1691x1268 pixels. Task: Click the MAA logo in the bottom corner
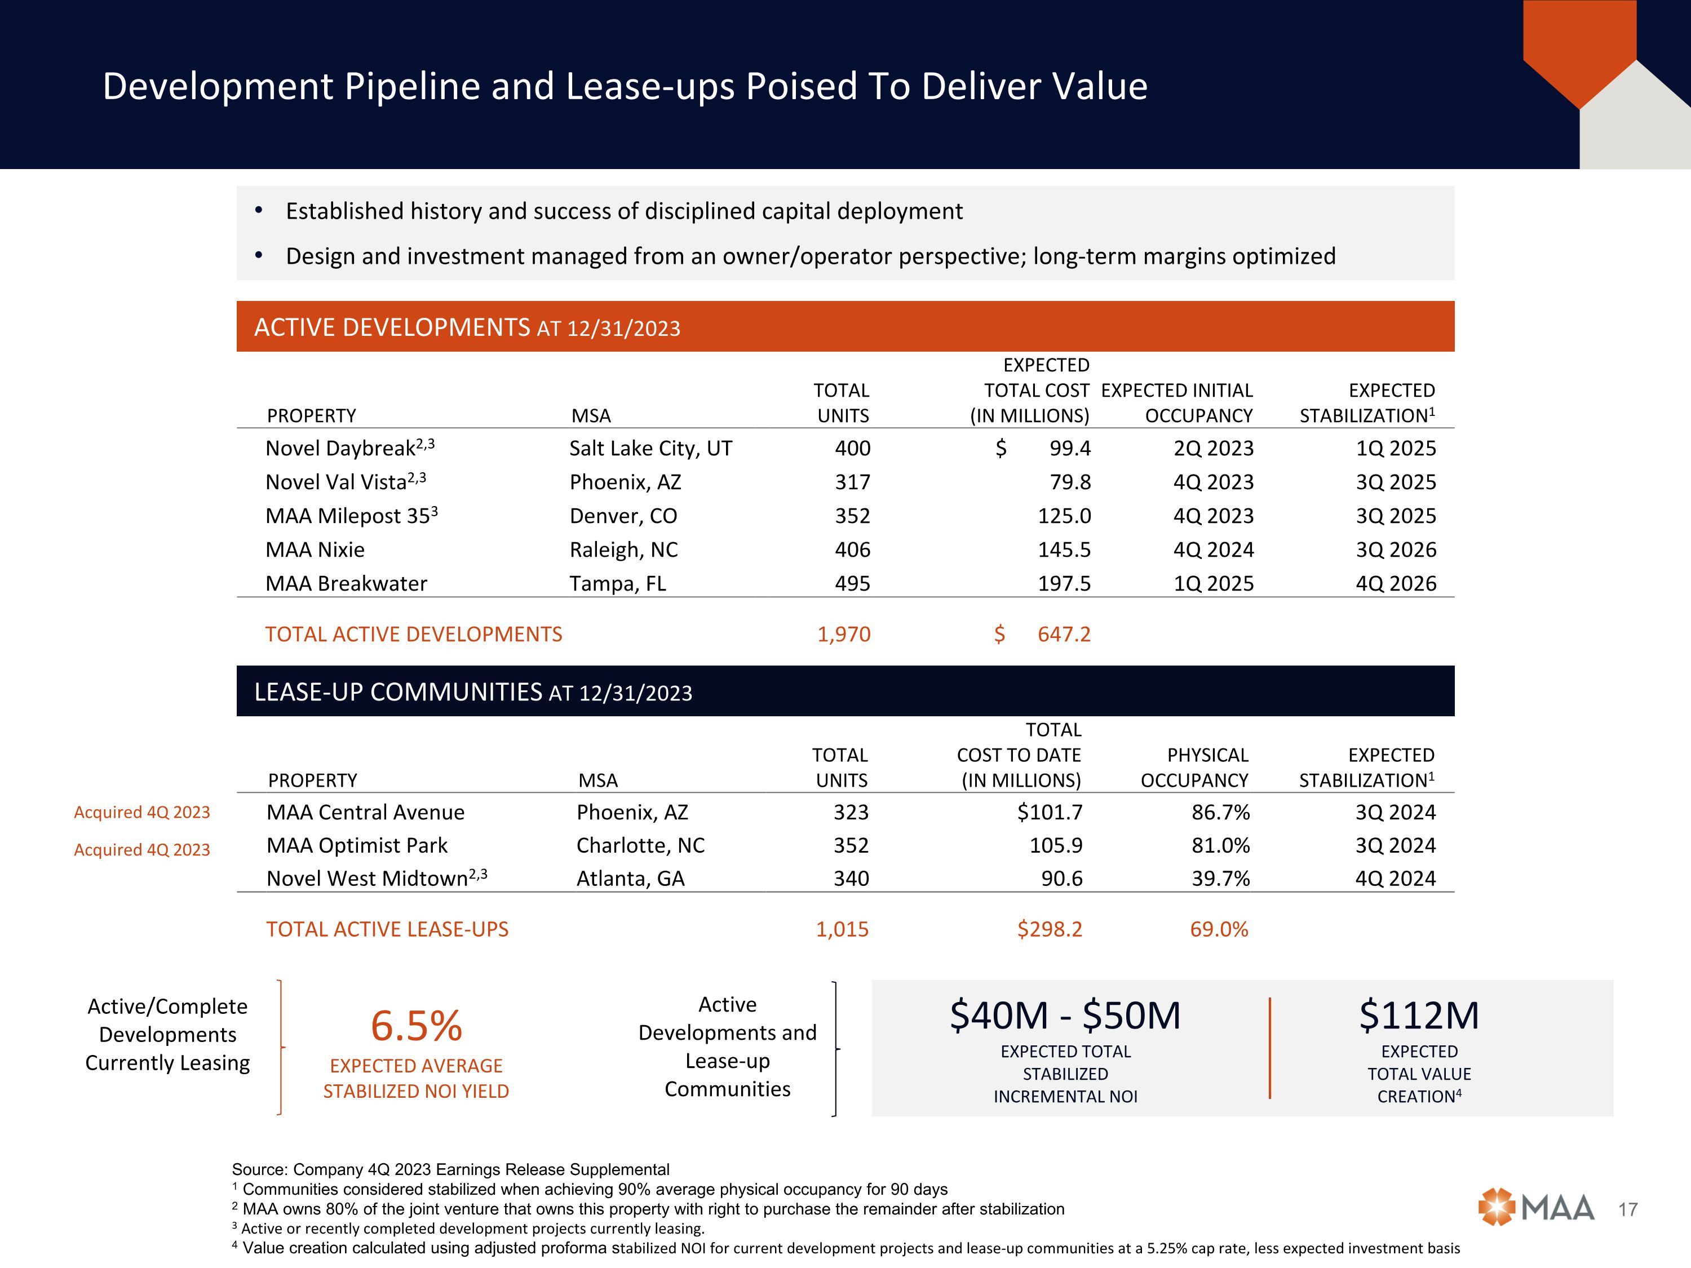click(1536, 1208)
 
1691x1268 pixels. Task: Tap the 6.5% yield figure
click(416, 1026)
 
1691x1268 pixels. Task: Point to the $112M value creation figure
click(1419, 1016)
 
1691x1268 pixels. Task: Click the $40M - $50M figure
click(1065, 1016)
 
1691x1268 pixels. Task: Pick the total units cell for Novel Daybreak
click(852, 449)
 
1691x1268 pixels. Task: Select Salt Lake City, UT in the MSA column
click(650, 449)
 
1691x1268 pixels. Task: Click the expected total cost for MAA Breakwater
click(1064, 584)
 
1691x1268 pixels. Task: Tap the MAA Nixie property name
click(315, 550)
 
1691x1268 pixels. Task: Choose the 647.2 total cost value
click(1064, 635)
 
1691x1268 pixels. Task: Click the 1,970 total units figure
click(844, 635)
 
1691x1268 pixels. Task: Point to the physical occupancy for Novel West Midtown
click(1221, 879)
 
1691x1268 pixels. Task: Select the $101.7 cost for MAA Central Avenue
click(1050, 813)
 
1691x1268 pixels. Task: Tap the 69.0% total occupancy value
click(1219, 929)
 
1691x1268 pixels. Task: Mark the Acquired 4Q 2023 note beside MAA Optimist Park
click(142, 850)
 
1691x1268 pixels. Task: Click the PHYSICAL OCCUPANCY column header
click(1194, 768)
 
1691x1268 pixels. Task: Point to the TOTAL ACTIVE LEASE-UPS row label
click(387, 929)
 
